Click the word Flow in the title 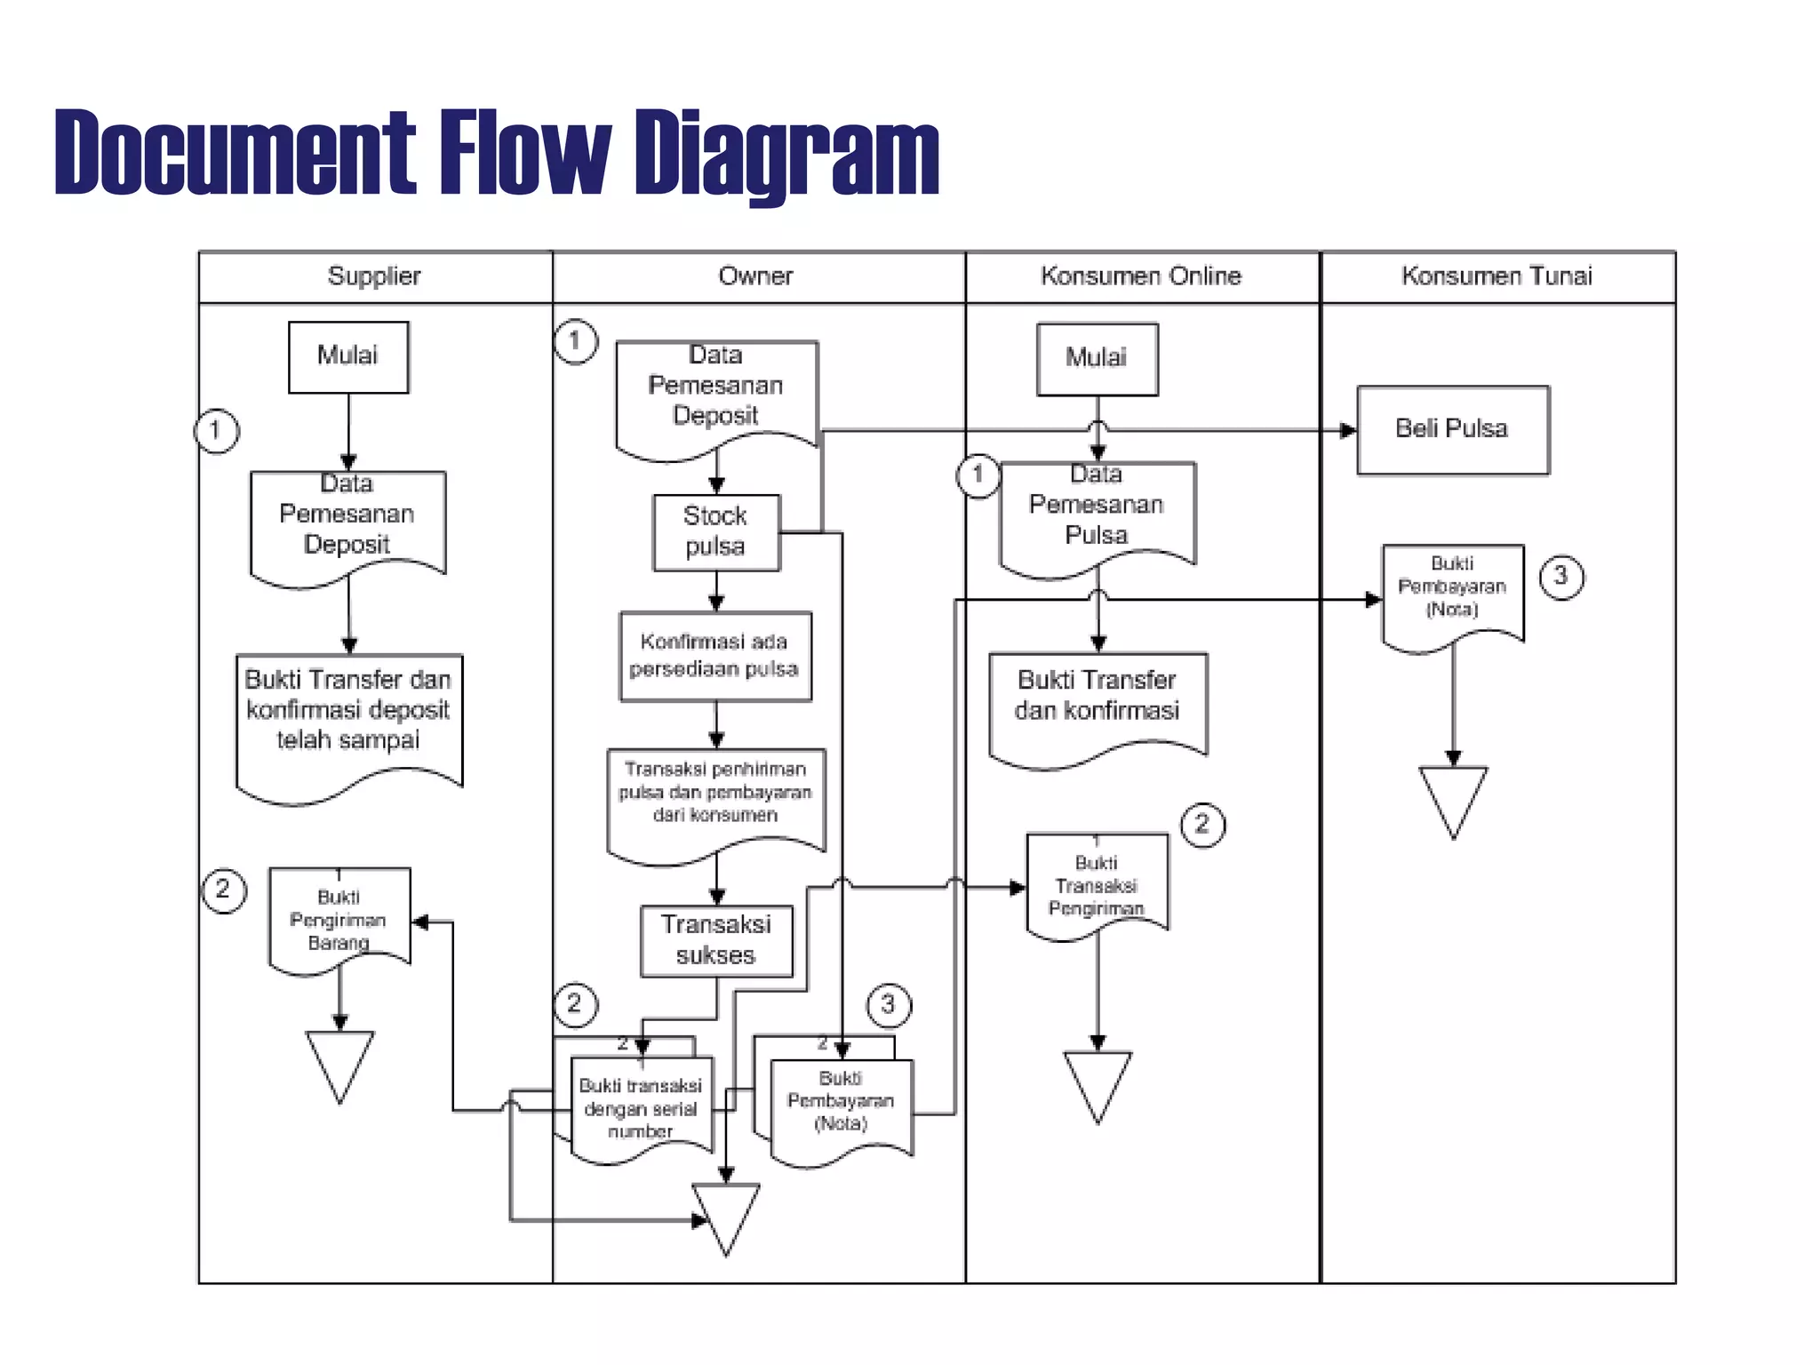coord(524,151)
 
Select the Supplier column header coord(374,276)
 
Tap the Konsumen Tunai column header coord(1497,276)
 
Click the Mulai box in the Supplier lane coord(348,356)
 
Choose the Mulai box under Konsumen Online coord(1097,358)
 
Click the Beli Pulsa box coord(1452,429)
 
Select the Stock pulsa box coord(716,531)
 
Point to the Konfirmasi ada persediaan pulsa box coord(715,656)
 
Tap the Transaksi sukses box coord(716,940)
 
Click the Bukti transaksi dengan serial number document coord(641,1107)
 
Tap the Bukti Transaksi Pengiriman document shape coord(1097,885)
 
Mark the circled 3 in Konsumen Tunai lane coord(1561,577)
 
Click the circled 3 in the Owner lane coord(888,1005)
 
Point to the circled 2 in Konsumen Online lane coord(1202,825)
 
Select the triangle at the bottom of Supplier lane coord(339,1062)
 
